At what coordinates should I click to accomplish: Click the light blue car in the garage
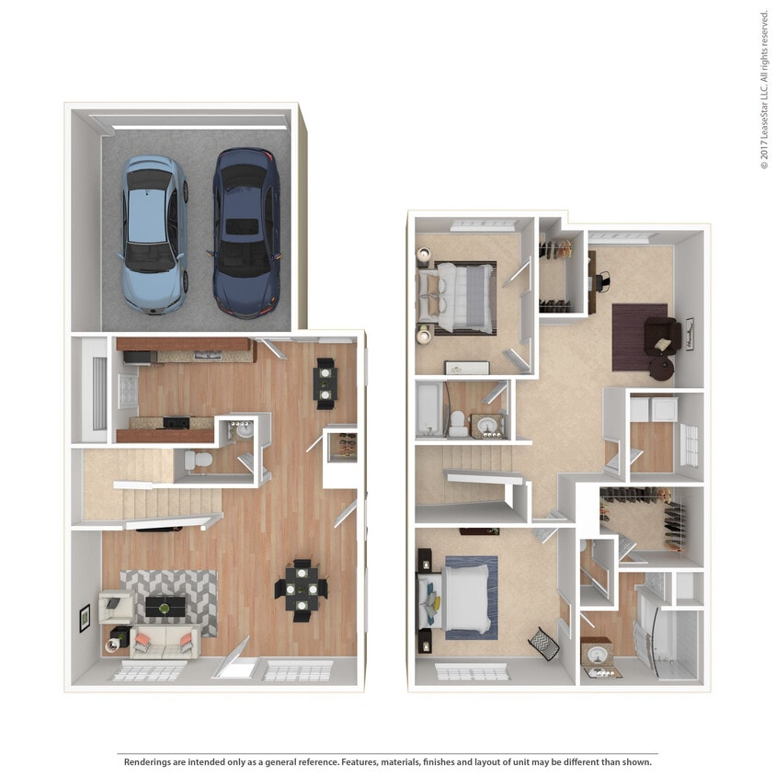pyautogui.click(x=154, y=234)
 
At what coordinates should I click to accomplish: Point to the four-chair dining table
pyautogui.click(x=302, y=588)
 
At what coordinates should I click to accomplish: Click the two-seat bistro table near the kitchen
pyautogui.click(x=325, y=382)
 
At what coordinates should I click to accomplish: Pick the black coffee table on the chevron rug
pyautogui.click(x=165, y=607)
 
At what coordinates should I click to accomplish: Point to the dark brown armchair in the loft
pyautogui.click(x=662, y=336)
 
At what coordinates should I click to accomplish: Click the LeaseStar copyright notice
pyautogui.click(x=764, y=89)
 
